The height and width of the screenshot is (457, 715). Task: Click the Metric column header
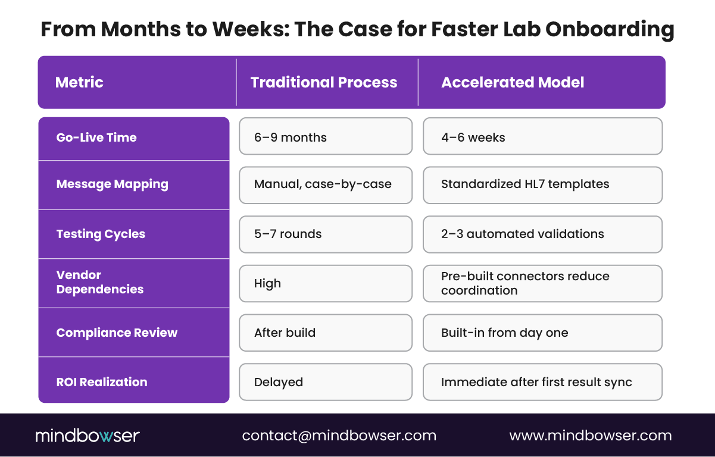point(79,82)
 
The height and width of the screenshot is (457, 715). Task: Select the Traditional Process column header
point(323,82)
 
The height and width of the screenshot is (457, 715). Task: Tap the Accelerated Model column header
point(512,82)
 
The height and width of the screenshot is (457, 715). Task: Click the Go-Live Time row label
point(96,137)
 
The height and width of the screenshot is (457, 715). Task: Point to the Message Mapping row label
point(112,184)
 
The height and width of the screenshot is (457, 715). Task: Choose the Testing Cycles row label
point(101,234)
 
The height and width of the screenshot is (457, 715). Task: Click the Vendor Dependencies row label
point(100,282)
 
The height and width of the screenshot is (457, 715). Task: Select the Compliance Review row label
point(117,333)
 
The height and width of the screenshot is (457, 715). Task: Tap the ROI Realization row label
point(101,382)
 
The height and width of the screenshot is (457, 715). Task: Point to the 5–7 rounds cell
point(325,234)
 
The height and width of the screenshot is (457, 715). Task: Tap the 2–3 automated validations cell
point(542,234)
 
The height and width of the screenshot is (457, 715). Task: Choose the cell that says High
point(325,283)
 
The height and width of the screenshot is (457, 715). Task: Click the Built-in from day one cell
point(542,333)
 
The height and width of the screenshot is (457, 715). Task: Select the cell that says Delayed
point(325,382)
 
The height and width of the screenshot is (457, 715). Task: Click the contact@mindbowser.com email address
point(339,436)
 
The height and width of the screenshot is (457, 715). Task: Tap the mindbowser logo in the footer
point(87,436)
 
